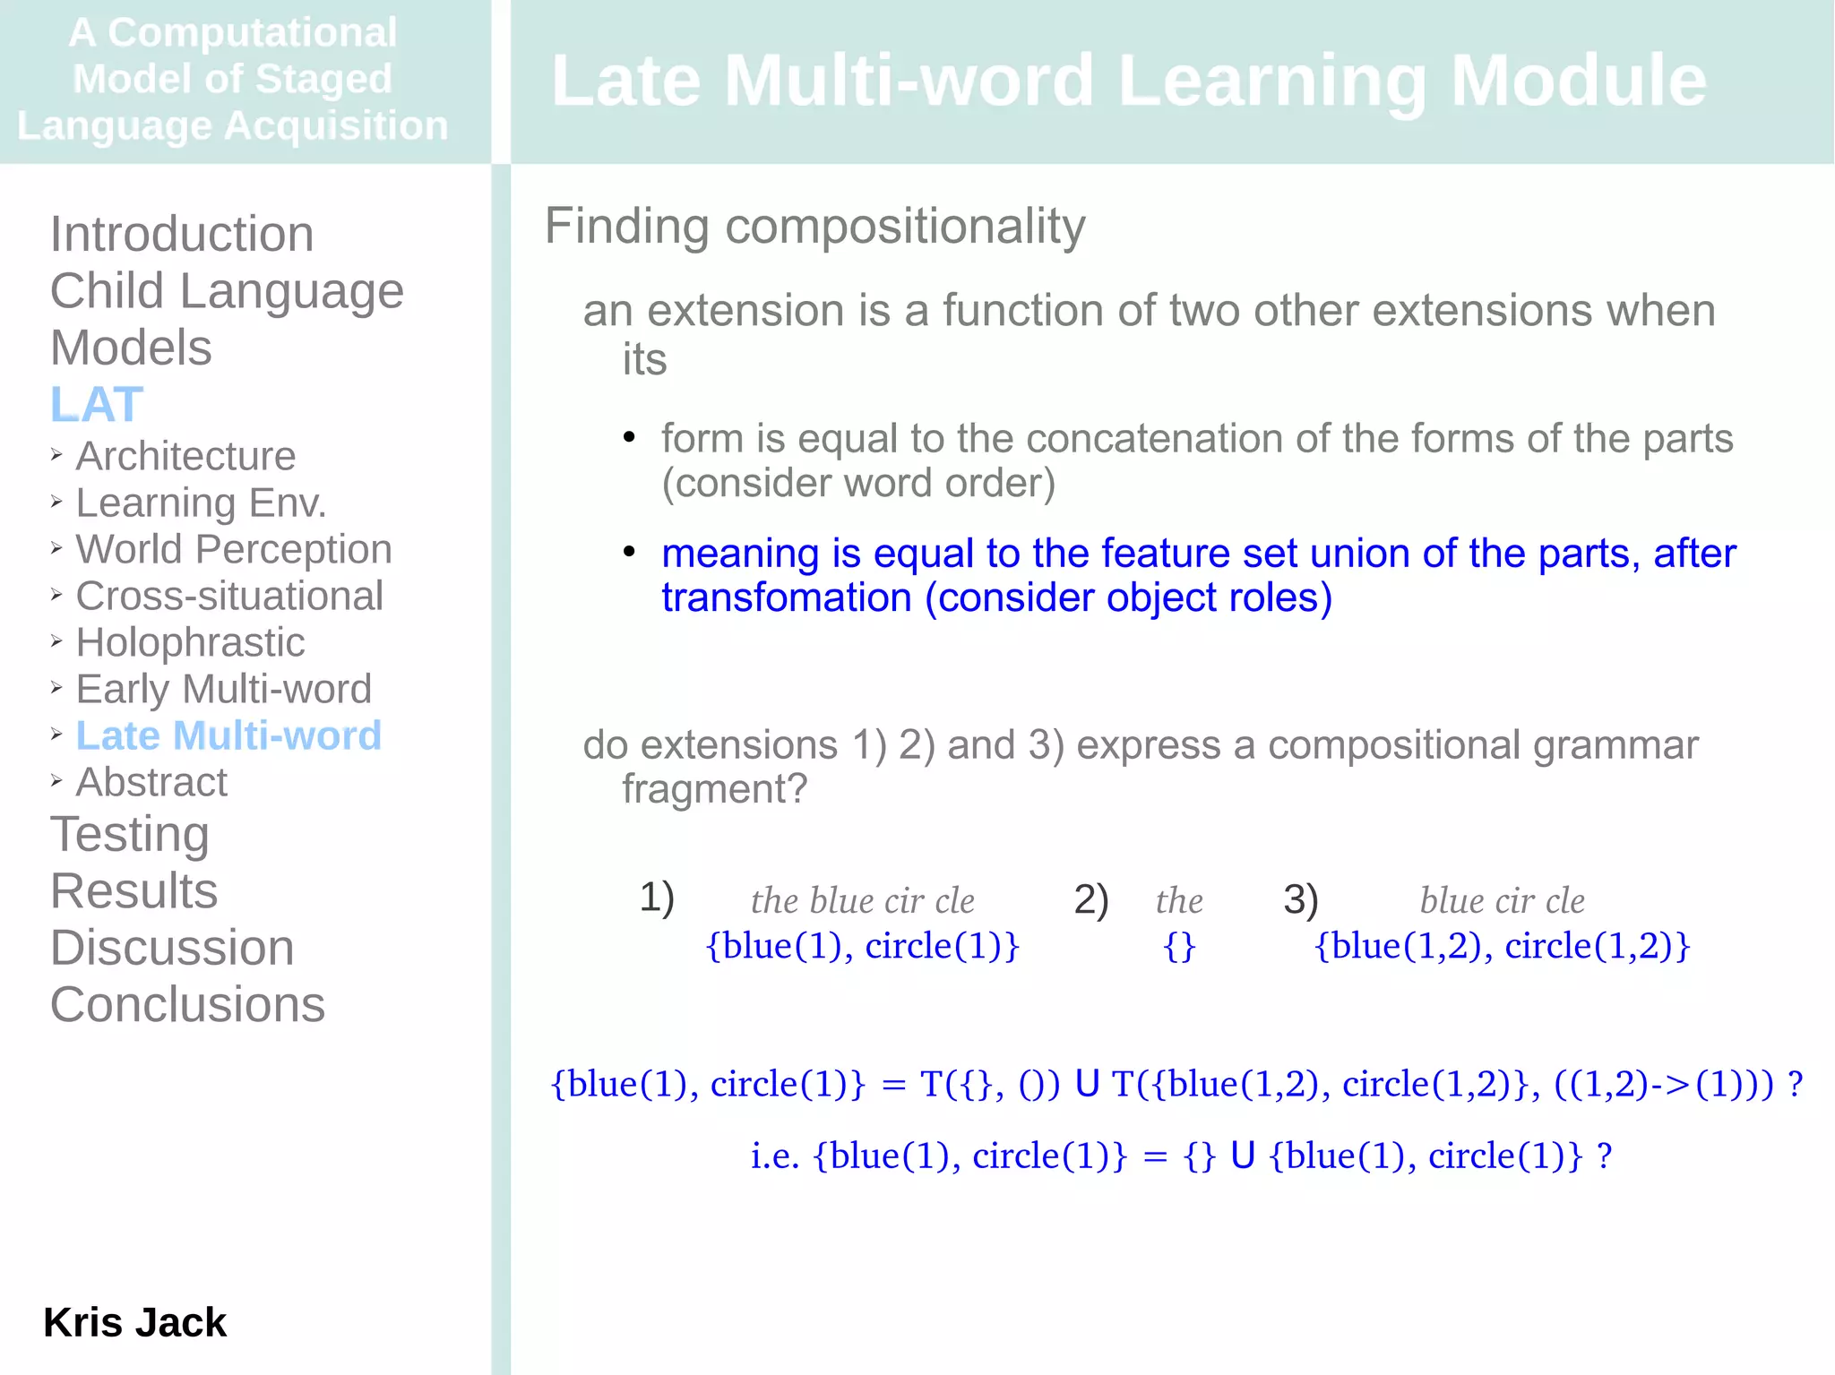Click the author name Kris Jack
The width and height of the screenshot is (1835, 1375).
(x=134, y=1322)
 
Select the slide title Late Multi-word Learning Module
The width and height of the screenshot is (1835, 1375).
(x=1128, y=81)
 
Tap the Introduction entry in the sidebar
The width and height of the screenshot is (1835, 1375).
(x=182, y=234)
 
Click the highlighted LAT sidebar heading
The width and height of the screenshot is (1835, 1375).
(x=97, y=404)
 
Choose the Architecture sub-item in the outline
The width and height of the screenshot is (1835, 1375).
(x=185, y=456)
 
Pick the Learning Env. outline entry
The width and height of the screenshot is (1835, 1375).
(x=201, y=503)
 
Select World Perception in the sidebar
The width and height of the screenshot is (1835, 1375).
(x=233, y=549)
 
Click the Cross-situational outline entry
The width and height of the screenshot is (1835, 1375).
(x=229, y=596)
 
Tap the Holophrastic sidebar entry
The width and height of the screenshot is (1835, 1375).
(x=190, y=642)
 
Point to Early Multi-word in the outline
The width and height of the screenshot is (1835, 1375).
(x=223, y=689)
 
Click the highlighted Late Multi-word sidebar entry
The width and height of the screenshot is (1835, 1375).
(x=228, y=735)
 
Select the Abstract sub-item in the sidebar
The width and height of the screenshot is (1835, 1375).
(x=151, y=782)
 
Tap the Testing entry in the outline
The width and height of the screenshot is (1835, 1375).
(x=130, y=834)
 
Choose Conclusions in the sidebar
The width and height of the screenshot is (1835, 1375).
(x=187, y=1004)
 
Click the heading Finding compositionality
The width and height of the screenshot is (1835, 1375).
(x=814, y=226)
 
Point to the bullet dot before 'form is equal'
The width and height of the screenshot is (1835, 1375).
(x=629, y=437)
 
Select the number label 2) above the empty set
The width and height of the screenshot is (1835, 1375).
(x=1090, y=898)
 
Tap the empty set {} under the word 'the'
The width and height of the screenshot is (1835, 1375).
(x=1178, y=946)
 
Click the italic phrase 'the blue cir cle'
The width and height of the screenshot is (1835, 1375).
(x=862, y=900)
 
